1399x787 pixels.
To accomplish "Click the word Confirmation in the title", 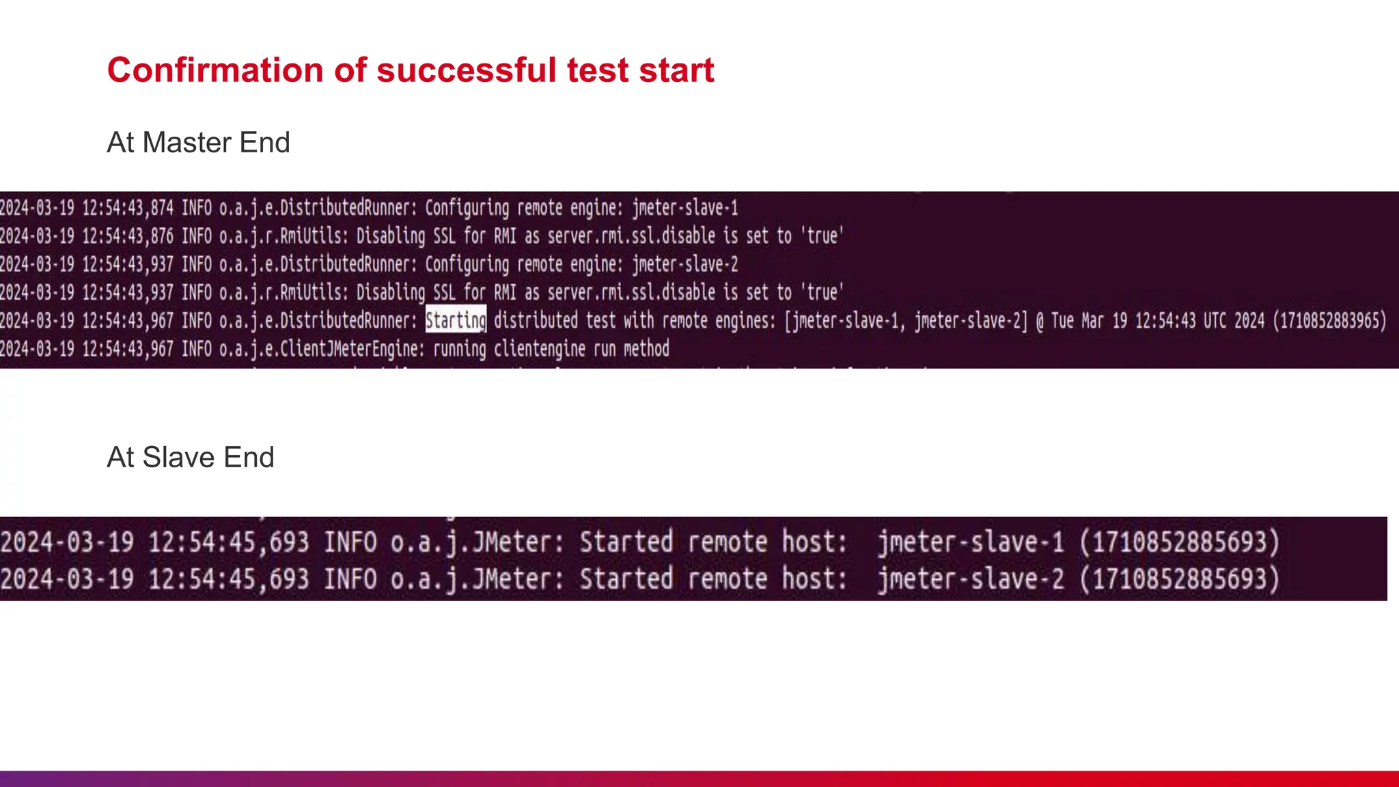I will point(215,70).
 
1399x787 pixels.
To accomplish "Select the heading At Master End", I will point(198,143).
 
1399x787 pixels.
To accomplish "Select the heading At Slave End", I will point(191,458).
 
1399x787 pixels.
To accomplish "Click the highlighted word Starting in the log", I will point(456,320).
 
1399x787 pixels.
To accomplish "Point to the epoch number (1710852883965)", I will point(1329,320).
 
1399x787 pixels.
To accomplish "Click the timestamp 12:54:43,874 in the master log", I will point(128,208).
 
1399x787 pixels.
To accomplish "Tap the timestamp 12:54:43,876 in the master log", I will point(128,236).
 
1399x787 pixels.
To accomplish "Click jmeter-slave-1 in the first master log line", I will point(684,208).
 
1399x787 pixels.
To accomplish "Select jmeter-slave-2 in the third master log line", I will point(684,264).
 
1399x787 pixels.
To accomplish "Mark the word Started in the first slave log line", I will point(626,542).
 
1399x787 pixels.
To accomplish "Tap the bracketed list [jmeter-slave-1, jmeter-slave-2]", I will point(905,320).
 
